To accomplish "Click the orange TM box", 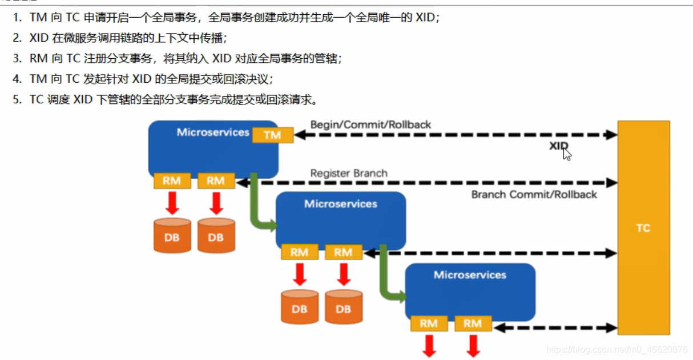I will click(x=272, y=135).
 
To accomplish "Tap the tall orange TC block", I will click(x=643, y=228).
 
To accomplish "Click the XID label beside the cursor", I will click(x=558, y=146).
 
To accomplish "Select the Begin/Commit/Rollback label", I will click(x=370, y=124).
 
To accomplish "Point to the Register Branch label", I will click(x=349, y=173).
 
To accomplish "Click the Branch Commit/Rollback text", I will click(x=534, y=195).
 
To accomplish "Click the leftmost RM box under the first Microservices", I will click(x=172, y=181).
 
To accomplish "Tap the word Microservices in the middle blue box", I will click(x=341, y=204).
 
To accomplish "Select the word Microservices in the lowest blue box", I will click(x=470, y=275).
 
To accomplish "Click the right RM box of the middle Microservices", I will click(x=343, y=252).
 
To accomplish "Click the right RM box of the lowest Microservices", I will click(x=473, y=323).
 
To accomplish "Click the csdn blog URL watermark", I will click(x=617, y=349).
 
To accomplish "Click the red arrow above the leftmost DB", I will click(x=172, y=203).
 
